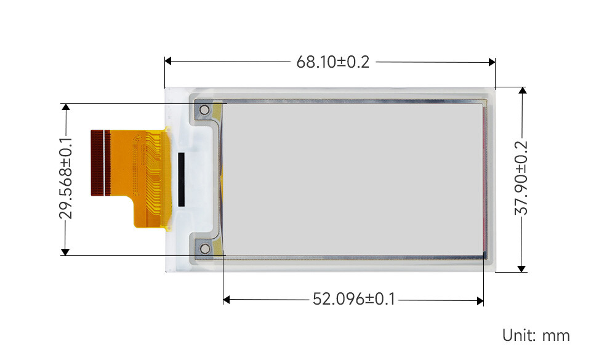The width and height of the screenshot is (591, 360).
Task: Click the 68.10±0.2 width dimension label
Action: pyautogui.click(x=333, y=62)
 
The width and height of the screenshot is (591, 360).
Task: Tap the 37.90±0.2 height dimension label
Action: pyautogui.click(x=521, y=178)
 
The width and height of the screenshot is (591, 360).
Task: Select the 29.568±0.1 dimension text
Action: pyautogui.click(x=66, y=178)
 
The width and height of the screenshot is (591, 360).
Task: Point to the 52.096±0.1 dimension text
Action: pyautogui.click(x=354, y=299)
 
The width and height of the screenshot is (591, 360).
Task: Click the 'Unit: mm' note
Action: pyautogui.click(x=536, y=335)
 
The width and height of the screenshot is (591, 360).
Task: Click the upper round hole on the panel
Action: pyautogui.click(x=204, y=110)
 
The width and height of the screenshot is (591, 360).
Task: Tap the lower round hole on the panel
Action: pyautogui.click(x=205, y=248)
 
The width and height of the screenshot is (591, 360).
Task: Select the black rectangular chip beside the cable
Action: pyautogui.click(x=181, y=179)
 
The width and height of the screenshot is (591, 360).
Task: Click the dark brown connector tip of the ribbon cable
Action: pyautogui.click(x=100, y=162)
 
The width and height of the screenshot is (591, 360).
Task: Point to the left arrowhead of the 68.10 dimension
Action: pyautogui.click(x=168, y=61)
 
